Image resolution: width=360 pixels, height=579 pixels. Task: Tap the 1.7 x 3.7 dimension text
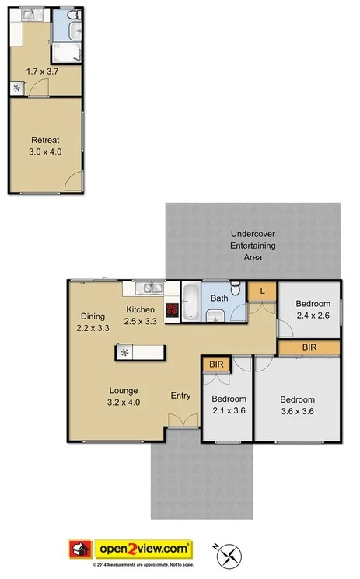(x=43, y=72)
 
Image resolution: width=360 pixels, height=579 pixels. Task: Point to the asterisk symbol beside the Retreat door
(x=16, y=88)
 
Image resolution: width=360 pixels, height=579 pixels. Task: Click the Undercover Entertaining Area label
(x=253, y=246)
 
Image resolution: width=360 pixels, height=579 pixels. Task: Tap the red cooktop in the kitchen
(x=172, y=309)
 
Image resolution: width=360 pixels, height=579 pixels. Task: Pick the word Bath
(x=218, y=298)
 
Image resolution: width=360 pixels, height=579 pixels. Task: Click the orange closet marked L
(x=262, y=291)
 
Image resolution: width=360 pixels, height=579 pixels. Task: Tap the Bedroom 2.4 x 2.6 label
(x=313, y=309)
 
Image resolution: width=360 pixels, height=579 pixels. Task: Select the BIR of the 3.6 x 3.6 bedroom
(x=309, y=347)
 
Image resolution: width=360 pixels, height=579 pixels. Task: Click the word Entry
(x=180, y=396)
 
